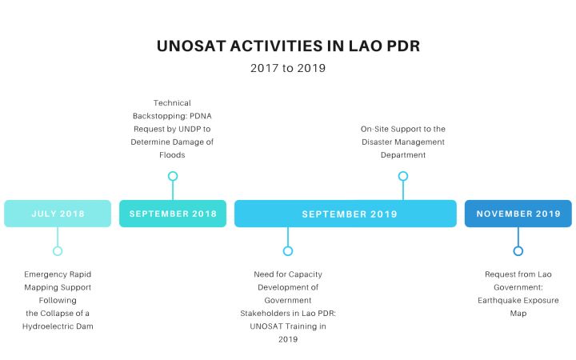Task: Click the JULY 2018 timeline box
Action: coord(58,214)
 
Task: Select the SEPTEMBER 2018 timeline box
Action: coord(173,214)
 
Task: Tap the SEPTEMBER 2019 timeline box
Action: coord(346,214)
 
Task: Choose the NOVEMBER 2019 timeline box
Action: coord(518,214)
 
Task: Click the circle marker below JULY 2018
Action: coord(58,251)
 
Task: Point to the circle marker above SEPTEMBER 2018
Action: coord(173,176)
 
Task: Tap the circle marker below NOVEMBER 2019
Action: coord(518,251)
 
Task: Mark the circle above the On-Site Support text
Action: coord(403,176)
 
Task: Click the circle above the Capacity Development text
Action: coord(288,251)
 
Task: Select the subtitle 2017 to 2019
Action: coord(288,68)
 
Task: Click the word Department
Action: coord(402,155)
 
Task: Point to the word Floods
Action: coord(172,155)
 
